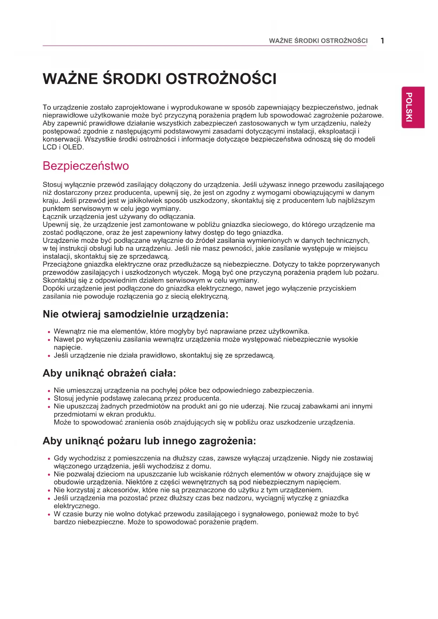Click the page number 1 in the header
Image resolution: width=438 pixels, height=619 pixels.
click(x=382, y=41)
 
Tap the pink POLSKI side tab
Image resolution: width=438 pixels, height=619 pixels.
click(x=413, y=107)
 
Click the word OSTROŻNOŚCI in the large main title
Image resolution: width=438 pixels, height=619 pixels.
click(x=221, y=79)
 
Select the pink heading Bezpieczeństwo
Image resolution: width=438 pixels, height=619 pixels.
click(x=86, y=166)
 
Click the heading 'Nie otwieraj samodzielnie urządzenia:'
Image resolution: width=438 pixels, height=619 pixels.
click(x=136, y=314)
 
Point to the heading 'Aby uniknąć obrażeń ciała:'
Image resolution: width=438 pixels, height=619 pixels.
click(x=109, y=373)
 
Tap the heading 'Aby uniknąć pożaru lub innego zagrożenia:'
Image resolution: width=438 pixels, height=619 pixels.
click(x=149, y=441)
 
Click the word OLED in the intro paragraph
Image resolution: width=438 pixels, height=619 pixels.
click(x=73, y=147)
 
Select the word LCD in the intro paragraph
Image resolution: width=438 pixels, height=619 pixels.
click(x=49, y=147)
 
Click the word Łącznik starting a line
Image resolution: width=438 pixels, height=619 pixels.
click(x=55, y=216)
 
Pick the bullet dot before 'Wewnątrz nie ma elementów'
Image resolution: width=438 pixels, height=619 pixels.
click(x=49, y=332)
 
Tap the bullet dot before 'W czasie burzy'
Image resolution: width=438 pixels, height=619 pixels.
click(x=49, y=515)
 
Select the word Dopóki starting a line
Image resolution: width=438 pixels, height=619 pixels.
click(x=54, y=288)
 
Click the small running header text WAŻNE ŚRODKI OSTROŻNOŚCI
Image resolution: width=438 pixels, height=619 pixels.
click(x=318, y=41)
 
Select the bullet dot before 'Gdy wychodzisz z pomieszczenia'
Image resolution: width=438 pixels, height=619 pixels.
click(x=49, y=459)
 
